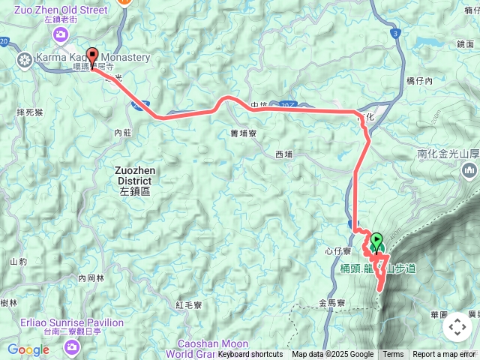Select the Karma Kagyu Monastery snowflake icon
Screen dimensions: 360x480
[x=24, y=58]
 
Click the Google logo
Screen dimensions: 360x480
[x=28, y=349]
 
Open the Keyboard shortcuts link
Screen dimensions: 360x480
[x=250, y=355]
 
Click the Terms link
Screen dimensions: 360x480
[x=393, y=355]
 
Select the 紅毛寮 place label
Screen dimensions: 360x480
[x=189, y=305]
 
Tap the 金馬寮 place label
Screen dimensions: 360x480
[x=330, y=304]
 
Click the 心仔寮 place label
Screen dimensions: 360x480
[x=339, y=250]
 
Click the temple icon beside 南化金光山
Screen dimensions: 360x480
[x=469, y=171]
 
